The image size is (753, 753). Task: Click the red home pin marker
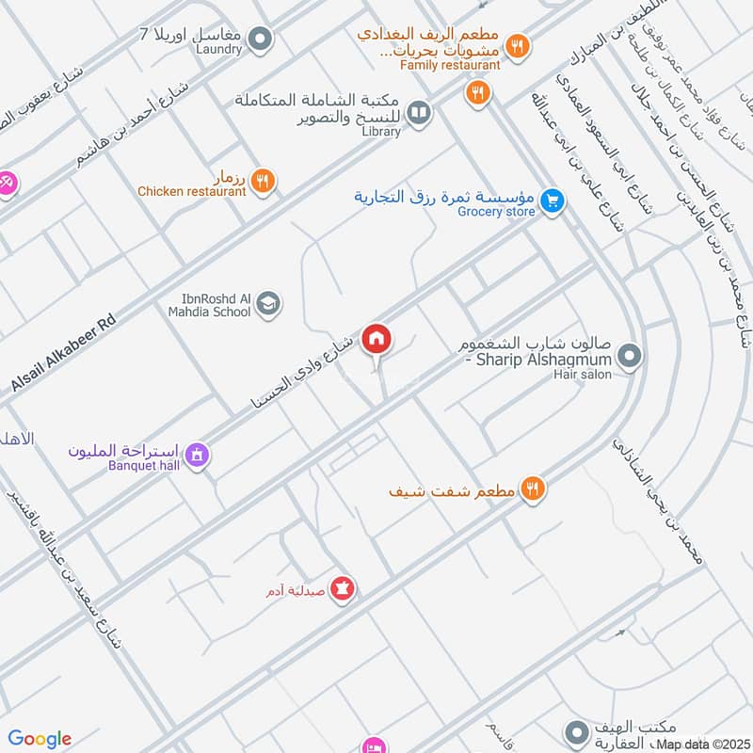[376, 339]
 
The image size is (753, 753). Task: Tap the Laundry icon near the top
[262, 40]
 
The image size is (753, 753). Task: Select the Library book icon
[419, 113]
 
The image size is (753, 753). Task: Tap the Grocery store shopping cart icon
[553, 200]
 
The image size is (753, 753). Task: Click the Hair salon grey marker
[631, 357]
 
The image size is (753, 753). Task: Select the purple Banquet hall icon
[197, 456]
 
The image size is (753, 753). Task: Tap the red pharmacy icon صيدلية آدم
[344, 589]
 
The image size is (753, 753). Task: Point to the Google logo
[40, 739]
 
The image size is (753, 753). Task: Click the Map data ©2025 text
[702, 744]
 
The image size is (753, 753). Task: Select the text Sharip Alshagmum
[545, 360]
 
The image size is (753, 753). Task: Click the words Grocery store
[496, 212]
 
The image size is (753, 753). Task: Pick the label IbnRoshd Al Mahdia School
[210, 304]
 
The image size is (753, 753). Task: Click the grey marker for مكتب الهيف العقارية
[576, 731]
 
